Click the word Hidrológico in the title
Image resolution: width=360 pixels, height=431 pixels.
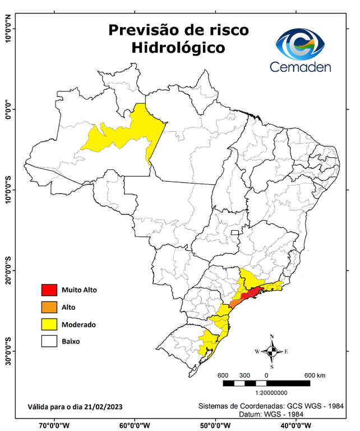(178, 48)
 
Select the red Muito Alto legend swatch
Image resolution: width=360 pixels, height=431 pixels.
(49, 290)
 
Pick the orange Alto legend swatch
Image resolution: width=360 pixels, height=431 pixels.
(49, 307)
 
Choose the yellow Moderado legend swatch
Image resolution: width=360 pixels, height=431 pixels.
(49, 324)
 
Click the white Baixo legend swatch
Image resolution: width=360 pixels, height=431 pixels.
(49, 341)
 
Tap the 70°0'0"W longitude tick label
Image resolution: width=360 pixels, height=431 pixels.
(54, 425)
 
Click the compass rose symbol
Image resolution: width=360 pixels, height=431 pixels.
(271, 351)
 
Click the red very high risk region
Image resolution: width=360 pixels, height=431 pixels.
(251, 294)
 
